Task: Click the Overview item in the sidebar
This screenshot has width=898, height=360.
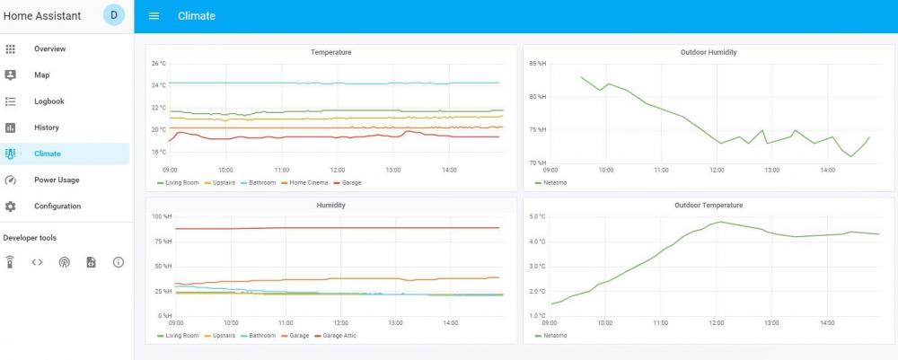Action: pos(49,48)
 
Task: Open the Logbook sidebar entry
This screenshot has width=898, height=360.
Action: pos(48,101)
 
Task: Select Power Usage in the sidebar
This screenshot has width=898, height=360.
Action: pos(56,180)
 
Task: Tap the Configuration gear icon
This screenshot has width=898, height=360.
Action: pos(11,206)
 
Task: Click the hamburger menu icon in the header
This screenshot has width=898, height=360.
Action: pos(154,16)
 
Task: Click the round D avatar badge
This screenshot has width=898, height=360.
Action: pos(114,15)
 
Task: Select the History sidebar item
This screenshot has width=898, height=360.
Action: pos(46,127)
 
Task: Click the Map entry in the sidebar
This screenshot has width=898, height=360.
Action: pos(41,75)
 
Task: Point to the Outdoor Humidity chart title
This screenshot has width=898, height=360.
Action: pos(709,53)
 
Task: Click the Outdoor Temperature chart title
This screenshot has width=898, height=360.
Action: pos(709,206)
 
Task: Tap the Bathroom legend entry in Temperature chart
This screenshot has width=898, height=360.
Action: pos(261,182)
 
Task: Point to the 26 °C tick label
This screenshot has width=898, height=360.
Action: pos(158,64)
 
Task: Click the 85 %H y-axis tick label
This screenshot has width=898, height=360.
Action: pos(537,64)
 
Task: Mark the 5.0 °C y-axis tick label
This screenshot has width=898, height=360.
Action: pos(537,216)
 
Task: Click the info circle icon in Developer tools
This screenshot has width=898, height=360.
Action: pos(118,262)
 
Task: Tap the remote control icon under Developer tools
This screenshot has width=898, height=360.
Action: pos(10,262)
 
